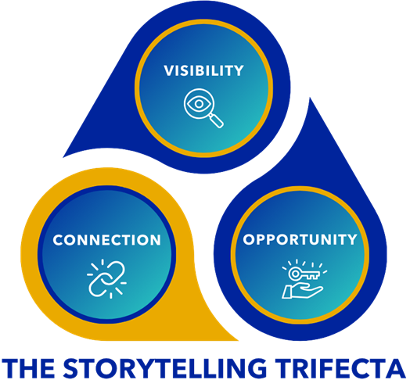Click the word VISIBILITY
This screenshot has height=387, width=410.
coord(203,71)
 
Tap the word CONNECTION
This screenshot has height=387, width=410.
coord(106,240)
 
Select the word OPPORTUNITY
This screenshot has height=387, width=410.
coord(300,239)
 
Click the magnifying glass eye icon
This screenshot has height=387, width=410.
coord(203,108)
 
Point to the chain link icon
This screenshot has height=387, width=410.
coord(106,279)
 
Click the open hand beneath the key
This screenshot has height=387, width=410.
coord(302,292)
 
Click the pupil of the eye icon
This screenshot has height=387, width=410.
coord(199,104)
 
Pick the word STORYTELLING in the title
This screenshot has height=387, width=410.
coord(165,368)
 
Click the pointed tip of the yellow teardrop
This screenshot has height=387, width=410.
coord(237,340)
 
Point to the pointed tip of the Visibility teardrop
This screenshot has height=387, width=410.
coord(63,157)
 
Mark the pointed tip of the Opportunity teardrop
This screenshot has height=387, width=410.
coord(310,99)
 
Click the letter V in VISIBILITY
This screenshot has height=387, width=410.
coord(169,71)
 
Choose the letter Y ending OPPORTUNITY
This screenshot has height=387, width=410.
coord(352,239)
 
